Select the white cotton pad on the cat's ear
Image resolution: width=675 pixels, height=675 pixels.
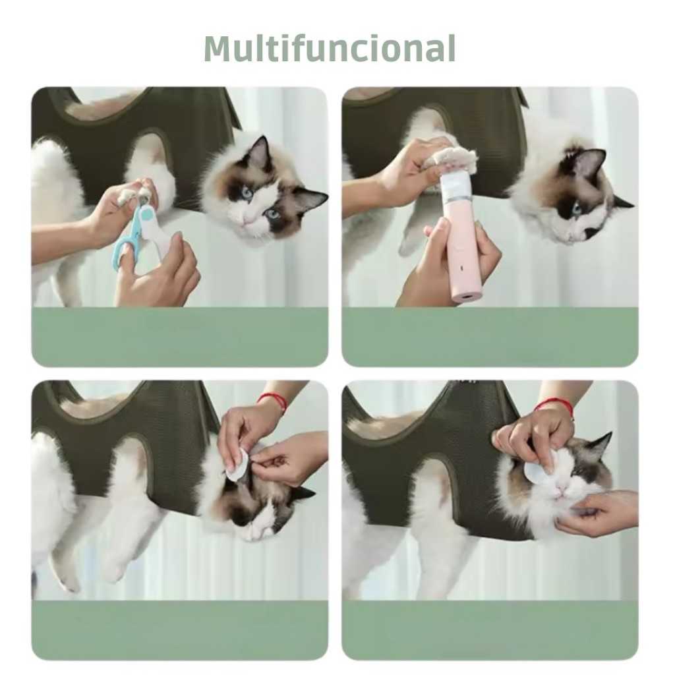(236, 467)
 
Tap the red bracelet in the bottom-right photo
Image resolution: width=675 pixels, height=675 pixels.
(555, 407)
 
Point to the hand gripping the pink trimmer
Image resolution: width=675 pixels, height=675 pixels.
(448, 262)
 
